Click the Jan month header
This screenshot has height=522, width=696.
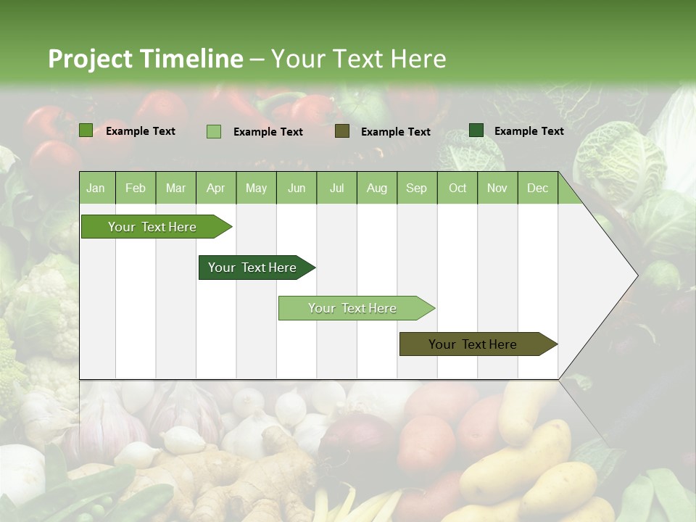coord(96,188)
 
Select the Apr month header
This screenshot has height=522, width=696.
coord(215,188)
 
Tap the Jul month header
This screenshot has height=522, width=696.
coord(336,188)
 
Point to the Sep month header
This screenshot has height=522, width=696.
coord(416,188)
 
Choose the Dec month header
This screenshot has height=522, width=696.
coord(537,188)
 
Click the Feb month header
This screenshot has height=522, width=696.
coord(136,188)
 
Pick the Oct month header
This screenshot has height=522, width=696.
coord(457,188)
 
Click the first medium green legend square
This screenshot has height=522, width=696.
coord(86,130)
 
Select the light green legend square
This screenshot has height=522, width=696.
coord(213,131)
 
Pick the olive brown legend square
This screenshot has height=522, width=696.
coord(342,131)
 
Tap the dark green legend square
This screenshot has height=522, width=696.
coord(476,130)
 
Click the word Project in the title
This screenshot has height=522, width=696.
coord(90,59)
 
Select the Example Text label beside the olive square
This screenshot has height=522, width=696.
coord(395,132)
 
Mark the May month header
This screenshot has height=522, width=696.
coord(256,188)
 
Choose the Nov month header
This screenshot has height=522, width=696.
coord(497,188)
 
